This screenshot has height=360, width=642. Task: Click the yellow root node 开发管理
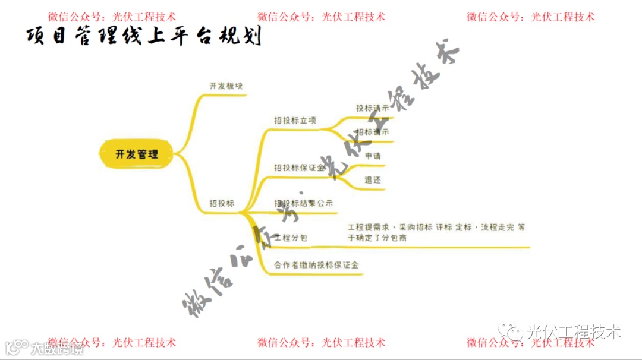pos(137,154)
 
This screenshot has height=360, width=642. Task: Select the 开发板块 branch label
pos(226,86)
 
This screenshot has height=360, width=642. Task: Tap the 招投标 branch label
pos(222,203)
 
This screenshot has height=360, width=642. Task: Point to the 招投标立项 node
pos(295,120)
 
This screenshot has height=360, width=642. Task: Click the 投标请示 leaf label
pos(373,109)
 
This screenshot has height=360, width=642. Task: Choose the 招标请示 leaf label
pos(373,132)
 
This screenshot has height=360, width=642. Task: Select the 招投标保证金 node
pos(300,168)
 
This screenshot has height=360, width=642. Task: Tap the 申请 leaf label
pos(373,156)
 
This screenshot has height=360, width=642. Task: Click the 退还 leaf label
pos(373,179)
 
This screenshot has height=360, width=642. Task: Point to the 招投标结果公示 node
pos(303,203)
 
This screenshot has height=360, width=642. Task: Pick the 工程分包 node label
pos(291,238)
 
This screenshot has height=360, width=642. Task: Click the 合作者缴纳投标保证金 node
pos(316,265)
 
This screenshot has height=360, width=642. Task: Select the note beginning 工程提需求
pos(436,232)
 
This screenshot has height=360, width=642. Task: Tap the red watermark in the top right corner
pos(530,17)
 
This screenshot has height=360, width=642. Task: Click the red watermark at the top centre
pos(321,17)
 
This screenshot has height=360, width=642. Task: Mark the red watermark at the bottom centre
pos(321,343)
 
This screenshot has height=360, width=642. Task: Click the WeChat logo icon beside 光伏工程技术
pos(511,331)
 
